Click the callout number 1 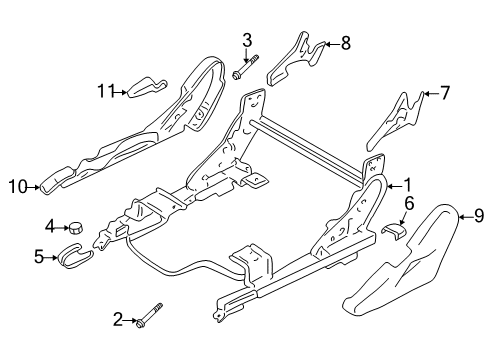[407, 184]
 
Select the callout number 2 [118, 319]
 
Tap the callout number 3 [245, 40]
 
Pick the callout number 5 [40, 256]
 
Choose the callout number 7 [446, 94]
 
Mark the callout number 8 [346, 43]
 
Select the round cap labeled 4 [77, 227]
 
